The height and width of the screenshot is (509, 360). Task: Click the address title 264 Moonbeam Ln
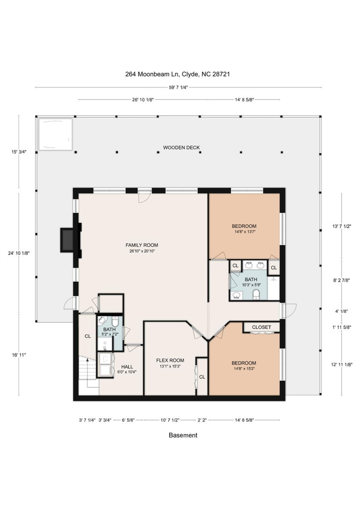[178, 74]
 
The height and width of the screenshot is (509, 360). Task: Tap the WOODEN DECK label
[181, 147]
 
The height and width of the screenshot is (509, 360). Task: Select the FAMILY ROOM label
[142, 245]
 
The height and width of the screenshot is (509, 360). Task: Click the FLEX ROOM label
[170, 360]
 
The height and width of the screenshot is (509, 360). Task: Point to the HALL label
[127, 367]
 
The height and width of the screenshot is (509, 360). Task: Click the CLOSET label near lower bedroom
[261, 327]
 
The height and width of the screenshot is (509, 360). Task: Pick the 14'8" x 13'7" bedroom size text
[244, 232]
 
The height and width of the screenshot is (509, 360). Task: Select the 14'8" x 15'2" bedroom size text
[244, 369]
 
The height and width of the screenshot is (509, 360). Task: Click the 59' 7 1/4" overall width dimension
[178, 87]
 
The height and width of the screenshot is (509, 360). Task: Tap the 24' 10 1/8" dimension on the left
[19, 253]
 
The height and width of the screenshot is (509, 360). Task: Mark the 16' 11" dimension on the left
[19, 355]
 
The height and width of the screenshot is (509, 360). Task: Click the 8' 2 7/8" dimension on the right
[341, 280]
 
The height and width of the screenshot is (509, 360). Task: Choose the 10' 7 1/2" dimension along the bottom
[170, 420]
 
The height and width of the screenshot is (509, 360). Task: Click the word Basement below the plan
[183, 435]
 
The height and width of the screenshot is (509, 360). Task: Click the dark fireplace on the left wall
[67, 240]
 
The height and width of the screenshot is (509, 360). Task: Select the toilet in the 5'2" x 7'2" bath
[115, 322]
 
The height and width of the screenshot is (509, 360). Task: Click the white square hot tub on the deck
[56, 134]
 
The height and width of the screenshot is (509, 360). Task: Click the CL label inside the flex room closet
[202, 377]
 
